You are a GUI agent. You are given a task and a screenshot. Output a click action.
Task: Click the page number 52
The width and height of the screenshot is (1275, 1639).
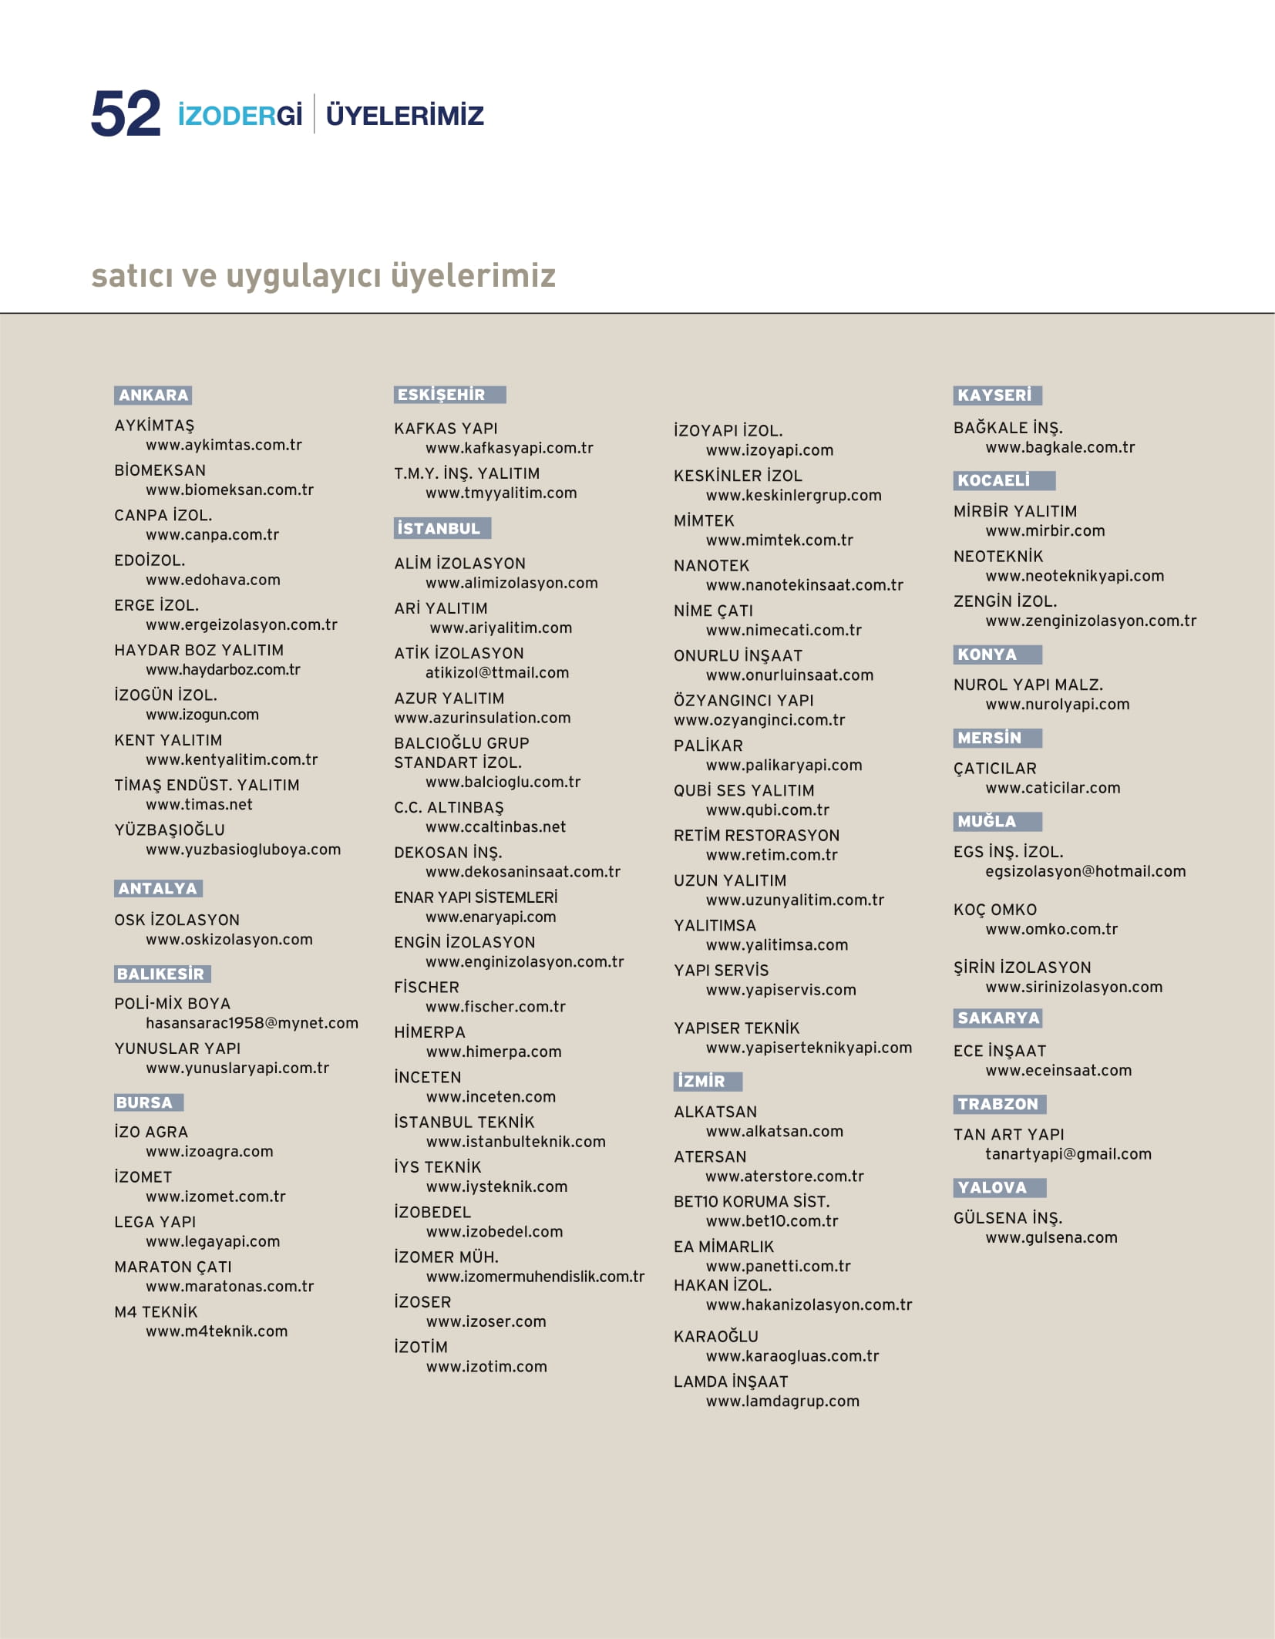click(x=126, y=114)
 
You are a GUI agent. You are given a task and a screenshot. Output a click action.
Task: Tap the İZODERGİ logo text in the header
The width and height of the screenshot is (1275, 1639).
click(x=240, y=116)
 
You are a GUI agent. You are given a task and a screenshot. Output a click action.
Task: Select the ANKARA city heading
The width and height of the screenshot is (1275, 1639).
click(x=153, y=395)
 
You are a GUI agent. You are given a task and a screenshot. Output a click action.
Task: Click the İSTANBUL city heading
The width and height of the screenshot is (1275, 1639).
click(x=439, y=529)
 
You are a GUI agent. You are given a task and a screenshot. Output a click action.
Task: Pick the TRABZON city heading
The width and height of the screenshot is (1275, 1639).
click(x=997, y=1104)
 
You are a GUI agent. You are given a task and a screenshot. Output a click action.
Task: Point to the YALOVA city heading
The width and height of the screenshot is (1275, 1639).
click(x=992, y=1188)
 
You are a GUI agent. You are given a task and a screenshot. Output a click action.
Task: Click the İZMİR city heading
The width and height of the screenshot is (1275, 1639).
click(x=701, y=1082)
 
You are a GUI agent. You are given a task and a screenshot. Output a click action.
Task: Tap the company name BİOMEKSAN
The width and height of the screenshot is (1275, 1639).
click(x=160, y=470)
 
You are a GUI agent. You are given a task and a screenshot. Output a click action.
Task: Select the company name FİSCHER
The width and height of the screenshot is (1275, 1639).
click(x=426, y=988)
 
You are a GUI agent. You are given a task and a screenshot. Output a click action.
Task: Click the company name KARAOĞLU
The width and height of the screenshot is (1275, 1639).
click(x=715, y=1337)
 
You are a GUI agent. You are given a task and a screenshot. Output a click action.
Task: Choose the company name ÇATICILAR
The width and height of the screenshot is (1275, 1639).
click(x=994, y=769)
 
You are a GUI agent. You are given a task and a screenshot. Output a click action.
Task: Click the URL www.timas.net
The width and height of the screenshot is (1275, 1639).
click(x=199, y=805)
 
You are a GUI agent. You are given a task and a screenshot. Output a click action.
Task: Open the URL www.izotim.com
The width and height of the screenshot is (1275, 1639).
click(x=486, y=1367)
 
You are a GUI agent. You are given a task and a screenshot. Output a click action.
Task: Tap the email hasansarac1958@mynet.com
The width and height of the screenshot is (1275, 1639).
click(x=252, y=1023)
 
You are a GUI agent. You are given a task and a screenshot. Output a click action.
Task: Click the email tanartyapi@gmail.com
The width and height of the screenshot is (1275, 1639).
click(x=1068, y=1154)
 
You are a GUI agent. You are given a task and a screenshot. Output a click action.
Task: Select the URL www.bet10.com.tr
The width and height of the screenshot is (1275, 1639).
click(x=772, y=1221)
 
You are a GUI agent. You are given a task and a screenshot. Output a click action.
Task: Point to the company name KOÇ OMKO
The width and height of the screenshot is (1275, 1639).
click(x=994, y=910)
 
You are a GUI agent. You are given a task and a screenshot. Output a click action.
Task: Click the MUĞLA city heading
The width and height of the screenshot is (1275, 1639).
click(x=987, y=822)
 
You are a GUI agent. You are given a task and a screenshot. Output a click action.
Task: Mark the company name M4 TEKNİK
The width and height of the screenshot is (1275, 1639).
click(x=156, y=1312)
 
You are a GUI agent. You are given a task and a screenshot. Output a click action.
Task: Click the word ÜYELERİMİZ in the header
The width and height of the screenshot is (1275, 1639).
click(x=405, y=116)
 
